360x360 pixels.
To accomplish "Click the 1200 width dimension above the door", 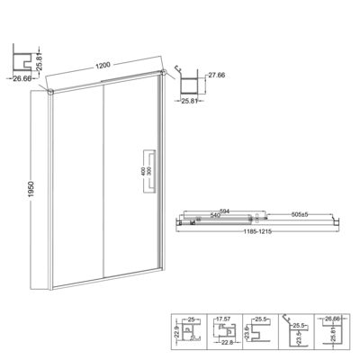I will click(x=106, y=65).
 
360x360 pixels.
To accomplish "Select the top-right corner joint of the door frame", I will click(x=163, y=73).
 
